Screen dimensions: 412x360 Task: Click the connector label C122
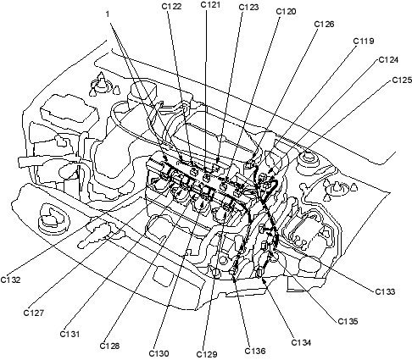tap(171, 6)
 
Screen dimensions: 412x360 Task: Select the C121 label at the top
tap(210, 4)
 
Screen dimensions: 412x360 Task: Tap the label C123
tap(248, 7)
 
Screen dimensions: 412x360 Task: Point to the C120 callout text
tap(286, 11)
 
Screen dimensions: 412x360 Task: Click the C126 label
tap(325, 25)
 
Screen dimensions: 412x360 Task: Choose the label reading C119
tap(364, 42)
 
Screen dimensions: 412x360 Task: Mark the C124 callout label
tap(388, 60)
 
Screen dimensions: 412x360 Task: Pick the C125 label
tap(402, 80)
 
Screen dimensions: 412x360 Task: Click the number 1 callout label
tap(108, 14)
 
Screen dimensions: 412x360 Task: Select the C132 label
tap(10, 280)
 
